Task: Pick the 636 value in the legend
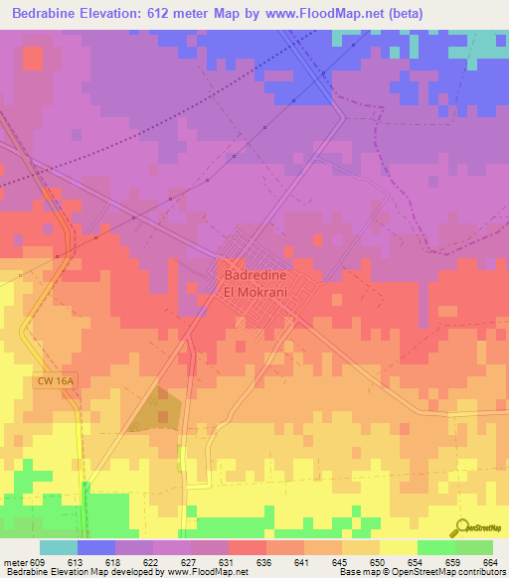pos(264,562)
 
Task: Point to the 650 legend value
pos(378,562)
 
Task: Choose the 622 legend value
pos(151,562)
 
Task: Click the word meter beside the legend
pos(14,562)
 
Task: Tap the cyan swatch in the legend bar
pos(58,547)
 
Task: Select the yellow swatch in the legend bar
pos(398,547)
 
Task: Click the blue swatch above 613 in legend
pos(95,547)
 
